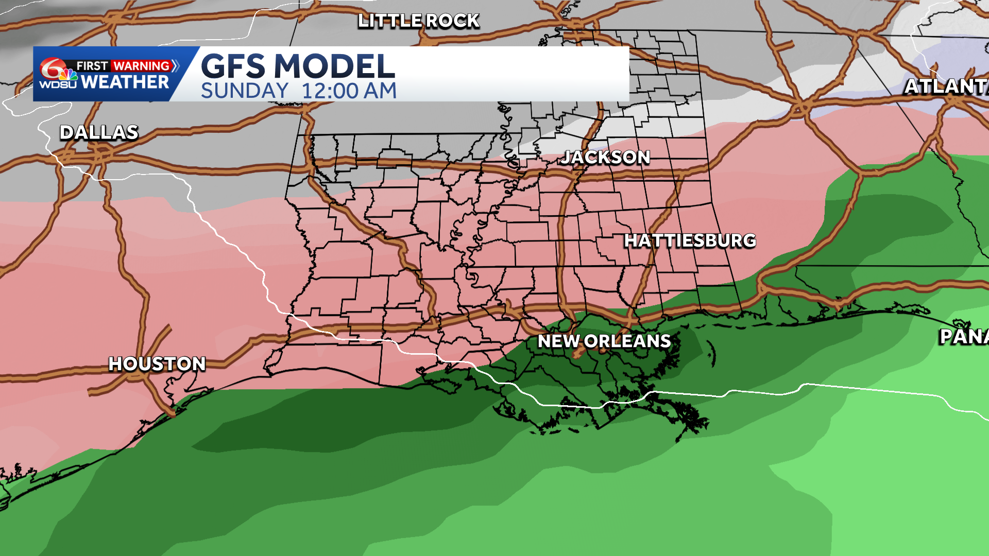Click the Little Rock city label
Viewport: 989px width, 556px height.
418,21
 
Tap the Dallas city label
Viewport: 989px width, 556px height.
99,133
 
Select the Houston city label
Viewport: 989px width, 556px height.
157,364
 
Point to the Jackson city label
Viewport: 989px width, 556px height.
606,158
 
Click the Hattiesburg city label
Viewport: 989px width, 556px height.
690,240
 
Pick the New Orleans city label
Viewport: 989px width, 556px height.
604,341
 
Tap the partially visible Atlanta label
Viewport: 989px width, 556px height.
946,86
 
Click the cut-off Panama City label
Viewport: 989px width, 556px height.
963,337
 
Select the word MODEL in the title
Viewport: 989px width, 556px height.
335,66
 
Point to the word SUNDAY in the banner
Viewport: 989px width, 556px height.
245,91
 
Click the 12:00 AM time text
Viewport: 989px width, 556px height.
349,91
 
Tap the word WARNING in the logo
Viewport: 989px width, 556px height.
142,66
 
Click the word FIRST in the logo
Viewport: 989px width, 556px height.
92,66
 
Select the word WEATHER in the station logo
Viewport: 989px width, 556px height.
125,82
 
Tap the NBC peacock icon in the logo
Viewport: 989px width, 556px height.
69,75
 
